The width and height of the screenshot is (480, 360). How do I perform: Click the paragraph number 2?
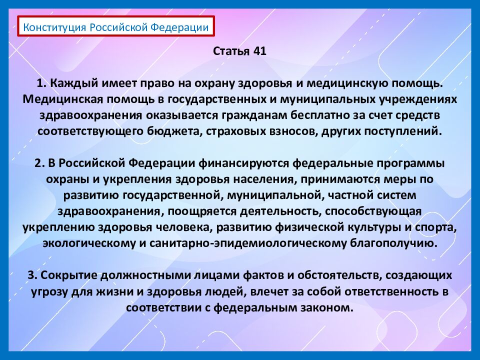[x=38, y=163]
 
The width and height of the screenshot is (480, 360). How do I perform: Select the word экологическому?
[x=90, y=243]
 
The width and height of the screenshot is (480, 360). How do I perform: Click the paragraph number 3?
[x=31, y=275]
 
